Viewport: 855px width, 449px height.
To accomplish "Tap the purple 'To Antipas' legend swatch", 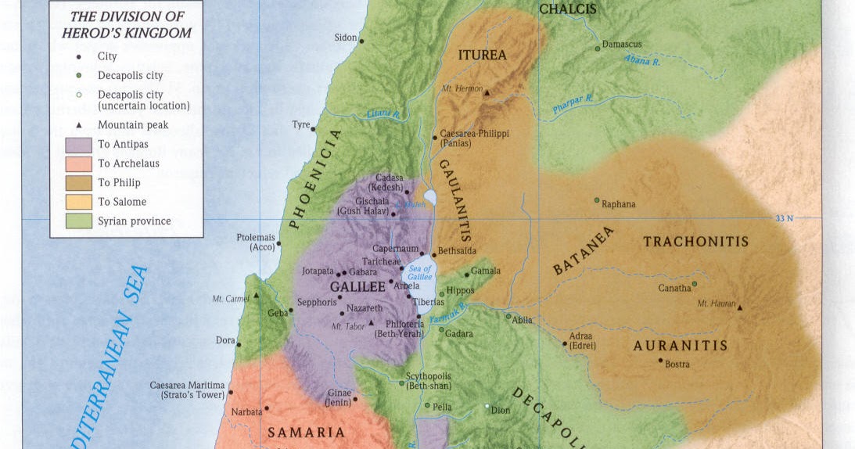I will (78, 145).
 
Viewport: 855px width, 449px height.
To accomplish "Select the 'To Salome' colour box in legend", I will (78, 202).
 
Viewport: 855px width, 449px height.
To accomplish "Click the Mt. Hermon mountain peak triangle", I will (487, 92).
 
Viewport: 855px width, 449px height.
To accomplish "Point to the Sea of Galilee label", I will (419, 274).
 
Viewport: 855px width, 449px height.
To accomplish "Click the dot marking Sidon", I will (361, 39).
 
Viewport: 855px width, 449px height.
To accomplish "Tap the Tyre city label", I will (300, 124).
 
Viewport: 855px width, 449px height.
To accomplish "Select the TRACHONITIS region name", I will (695, 242).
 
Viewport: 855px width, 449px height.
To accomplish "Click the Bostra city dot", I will (661, 361).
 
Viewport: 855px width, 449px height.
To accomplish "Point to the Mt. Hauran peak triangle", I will (740, 307).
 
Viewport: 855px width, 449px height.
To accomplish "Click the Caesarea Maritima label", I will (187, 385).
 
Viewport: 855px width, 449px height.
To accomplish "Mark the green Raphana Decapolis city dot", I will (597, 200).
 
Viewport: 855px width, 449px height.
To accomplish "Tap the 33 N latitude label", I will (784, 218).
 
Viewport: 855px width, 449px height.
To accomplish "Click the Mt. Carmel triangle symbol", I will (255, 296).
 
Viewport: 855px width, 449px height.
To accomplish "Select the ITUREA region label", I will (483, 56).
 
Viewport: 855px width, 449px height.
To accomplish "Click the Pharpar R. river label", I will (573, 104).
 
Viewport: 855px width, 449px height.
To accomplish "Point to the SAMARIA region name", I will (306, 432).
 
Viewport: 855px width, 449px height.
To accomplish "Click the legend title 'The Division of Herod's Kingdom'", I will (126, 24).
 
